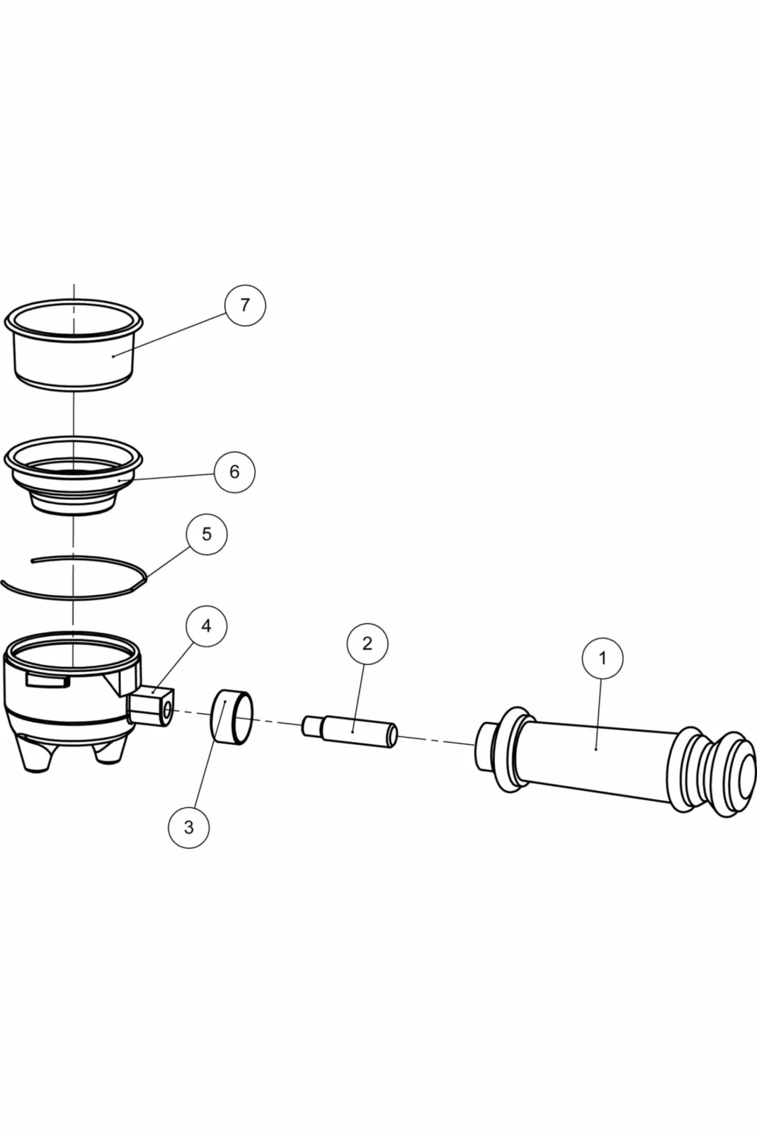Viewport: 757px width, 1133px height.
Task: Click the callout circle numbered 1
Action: pos(603,659)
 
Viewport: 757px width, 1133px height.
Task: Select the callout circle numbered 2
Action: pos(367,644)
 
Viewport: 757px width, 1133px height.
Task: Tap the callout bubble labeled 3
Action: pos(188,827)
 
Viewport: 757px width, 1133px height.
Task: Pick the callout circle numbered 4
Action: pos(206,627)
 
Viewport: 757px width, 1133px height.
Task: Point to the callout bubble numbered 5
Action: pos(206,534)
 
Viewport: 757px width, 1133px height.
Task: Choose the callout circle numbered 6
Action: pos(234,472)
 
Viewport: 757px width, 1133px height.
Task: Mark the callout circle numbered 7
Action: pos(245,305)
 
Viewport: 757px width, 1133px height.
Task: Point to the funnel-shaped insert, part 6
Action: pos(74,482)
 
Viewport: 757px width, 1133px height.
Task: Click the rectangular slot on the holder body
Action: pos(47,680)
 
